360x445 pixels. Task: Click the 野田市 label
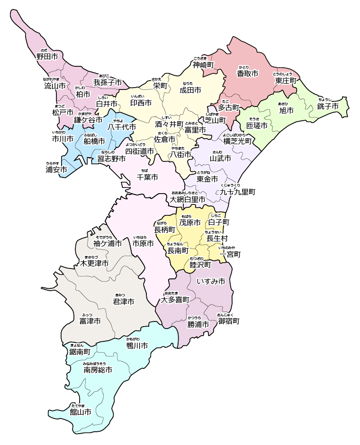(47, 56)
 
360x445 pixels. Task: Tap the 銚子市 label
(328, 106)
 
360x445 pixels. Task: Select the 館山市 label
(80, 412)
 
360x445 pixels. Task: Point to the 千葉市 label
(147, 177)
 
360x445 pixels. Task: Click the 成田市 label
(191, 89)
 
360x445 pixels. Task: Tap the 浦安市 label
(56, 169)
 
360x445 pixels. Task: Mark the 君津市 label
(123, 301)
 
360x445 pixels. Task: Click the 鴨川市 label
(137, 346)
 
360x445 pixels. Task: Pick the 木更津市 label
(94, 263)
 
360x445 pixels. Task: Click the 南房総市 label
(98, 370)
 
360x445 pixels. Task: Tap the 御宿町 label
(229, 321)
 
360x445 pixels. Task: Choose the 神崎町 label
(203, 64)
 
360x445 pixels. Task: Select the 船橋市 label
(94, 141)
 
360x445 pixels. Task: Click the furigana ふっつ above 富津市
(87, 315)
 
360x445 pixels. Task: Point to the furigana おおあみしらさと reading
(188, 193)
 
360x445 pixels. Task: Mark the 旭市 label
(286, 110)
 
